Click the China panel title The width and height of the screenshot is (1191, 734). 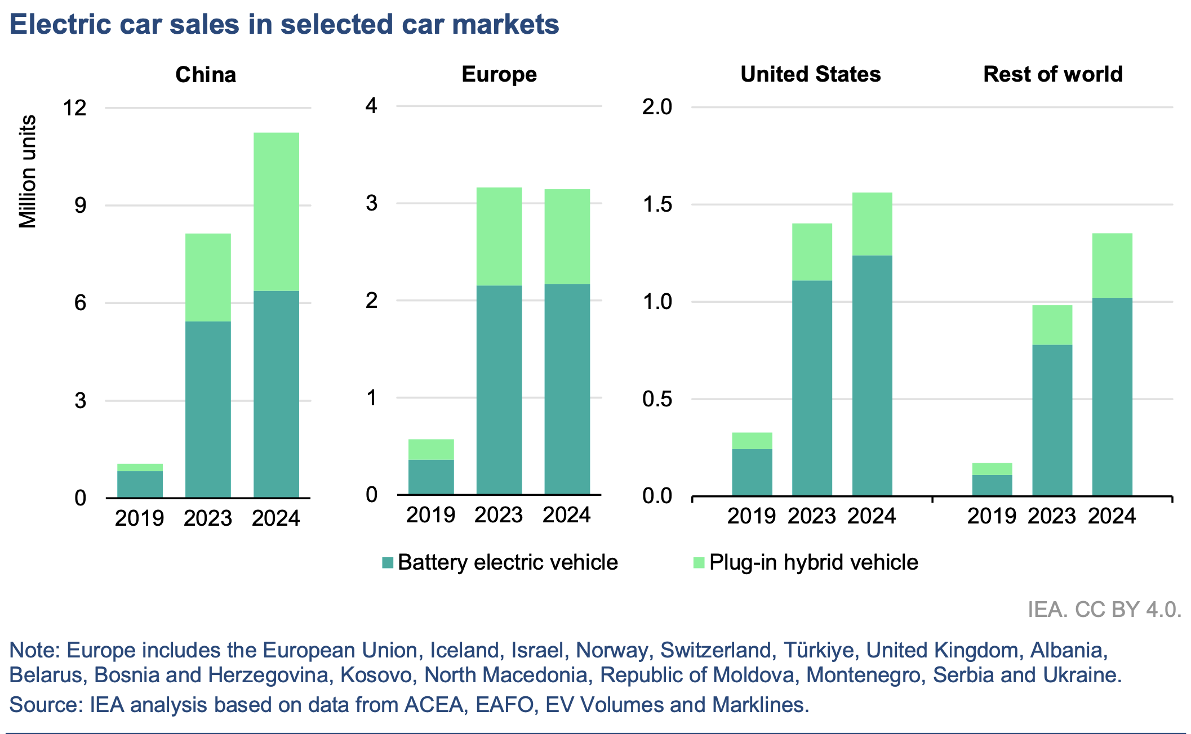coord(206,75)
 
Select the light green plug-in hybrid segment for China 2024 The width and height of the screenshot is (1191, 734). coord(276,212)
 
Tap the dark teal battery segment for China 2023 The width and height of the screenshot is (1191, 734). coord(208,409)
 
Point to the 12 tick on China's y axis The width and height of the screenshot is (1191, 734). coord(75,108)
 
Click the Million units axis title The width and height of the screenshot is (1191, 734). coord(28,172)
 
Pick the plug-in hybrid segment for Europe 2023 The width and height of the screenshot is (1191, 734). coord(499,236)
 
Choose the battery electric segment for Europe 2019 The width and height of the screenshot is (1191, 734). coord(431,477)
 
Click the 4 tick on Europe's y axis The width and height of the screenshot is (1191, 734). coord(371,106)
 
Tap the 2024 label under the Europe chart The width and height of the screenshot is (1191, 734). coord(567,515)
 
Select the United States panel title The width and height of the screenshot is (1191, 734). coord(810,74)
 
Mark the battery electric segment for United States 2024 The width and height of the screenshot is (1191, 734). coord(872,375)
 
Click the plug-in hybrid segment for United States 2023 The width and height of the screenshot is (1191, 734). coord(812,252)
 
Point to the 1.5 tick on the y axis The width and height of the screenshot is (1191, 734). coord(657,204)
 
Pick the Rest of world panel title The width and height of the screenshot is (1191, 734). coord(1052,74)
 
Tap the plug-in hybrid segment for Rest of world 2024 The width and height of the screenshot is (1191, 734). coord(1112,265)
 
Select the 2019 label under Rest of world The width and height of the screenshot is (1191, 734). coord(992,516)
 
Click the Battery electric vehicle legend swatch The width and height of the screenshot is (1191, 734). coord(388,562)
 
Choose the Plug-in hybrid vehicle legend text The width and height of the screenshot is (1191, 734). coord(814,562)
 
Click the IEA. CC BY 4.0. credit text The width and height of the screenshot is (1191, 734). coord(1104,610)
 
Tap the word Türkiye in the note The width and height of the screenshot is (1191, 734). coord(819,651)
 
